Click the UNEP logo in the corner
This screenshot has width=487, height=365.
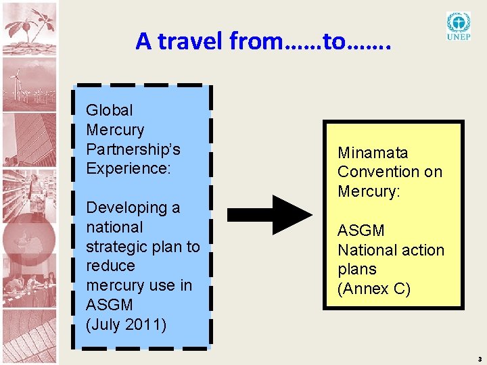click(x=459, y=26)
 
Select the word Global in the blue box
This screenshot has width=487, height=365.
click(x=110, y=110)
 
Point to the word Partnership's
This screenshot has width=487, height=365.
click(x=133, y=149)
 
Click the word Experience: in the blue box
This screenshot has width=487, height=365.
click(x=129, y=168)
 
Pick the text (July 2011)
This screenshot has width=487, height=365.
click(x=126, y=324)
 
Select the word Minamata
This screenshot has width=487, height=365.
click(x=373, y=153)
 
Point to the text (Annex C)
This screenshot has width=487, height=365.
click(x=374, y=289)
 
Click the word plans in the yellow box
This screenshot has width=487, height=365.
click(x=356, y=269)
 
